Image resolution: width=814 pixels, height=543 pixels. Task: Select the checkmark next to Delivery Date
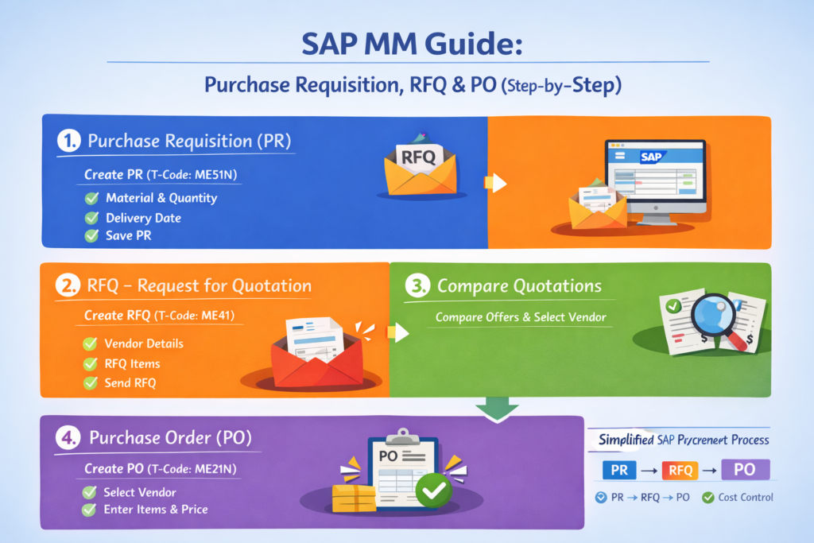pos(91,218)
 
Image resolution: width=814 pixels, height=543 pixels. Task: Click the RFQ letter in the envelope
pos(419,156)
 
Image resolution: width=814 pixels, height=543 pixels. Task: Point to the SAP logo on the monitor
pos(651,157)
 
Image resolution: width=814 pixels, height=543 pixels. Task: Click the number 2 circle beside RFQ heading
pos(68,286)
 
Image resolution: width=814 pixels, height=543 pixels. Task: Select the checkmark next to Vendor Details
pos(91,344)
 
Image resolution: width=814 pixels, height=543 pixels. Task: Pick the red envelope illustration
pos(314,356)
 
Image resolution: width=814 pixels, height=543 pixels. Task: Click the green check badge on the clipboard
pos(433,492)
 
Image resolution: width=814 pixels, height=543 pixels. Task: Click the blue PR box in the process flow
pos(620,470)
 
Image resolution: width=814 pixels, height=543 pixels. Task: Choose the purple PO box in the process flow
pos(744,469)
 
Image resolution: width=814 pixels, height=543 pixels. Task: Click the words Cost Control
pos(746,498)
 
